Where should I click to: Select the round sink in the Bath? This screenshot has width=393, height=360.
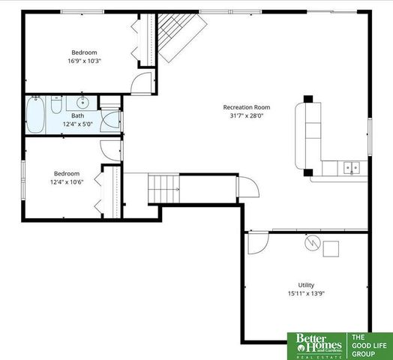[82, 103]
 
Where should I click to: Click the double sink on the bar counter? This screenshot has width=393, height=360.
[350, 168]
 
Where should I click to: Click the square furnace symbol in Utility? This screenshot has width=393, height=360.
[331, 247]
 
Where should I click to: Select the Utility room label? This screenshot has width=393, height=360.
[306, 285]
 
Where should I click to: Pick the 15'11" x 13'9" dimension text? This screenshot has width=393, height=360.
[306, 293]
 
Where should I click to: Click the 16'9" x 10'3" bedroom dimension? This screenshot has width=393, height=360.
[84, 61]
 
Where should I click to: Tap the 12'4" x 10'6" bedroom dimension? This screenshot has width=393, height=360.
[64, 181]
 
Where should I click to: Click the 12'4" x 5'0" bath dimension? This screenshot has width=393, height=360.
[77, 124]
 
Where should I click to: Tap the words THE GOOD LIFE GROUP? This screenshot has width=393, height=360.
[369, 345]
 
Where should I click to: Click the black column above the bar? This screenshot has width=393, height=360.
[308, 99]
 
